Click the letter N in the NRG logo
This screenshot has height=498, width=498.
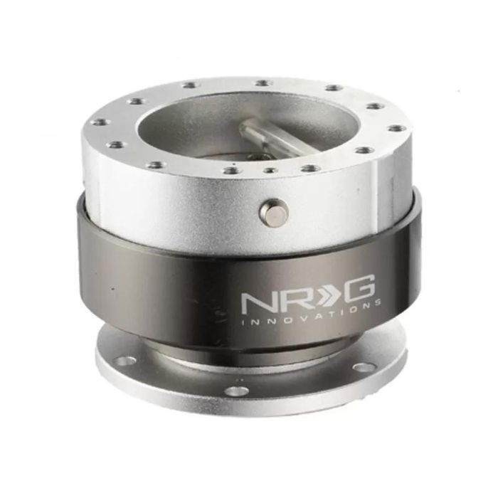click(x=255, y=302)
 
